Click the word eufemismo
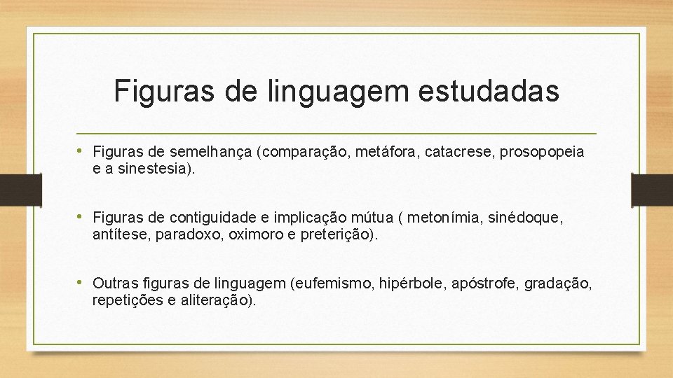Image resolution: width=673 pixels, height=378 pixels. pos(334,283)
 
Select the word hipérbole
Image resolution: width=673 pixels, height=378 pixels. pos(413,283)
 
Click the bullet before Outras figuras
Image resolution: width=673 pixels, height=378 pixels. pos(84,283)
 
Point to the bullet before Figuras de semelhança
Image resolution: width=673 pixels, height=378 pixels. pos(84,151)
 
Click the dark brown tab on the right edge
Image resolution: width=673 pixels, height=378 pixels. pos(651,190)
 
